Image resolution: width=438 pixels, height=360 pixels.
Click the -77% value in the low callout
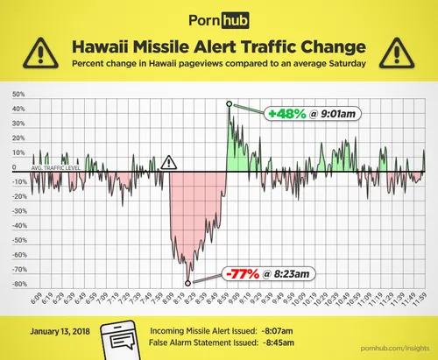(x=241, y=273)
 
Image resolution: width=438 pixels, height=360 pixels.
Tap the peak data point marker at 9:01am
(x=229, y=103)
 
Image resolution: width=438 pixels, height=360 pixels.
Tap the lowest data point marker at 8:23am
(x=187, y=282)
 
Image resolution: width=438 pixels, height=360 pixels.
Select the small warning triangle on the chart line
(x=169, y=162)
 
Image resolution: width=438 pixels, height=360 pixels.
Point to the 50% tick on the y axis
(x=18, y=95)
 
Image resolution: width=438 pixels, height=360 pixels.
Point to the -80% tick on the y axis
(x=18, y=284)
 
